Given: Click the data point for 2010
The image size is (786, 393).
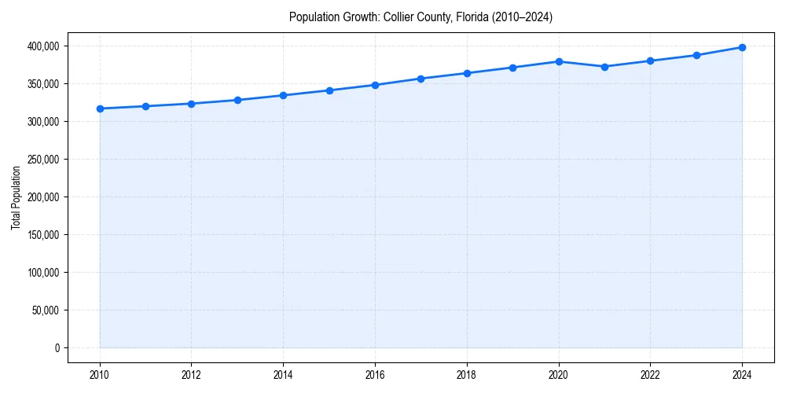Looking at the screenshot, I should [x=100, y=108].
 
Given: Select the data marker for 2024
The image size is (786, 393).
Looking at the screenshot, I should [x=742, y=47].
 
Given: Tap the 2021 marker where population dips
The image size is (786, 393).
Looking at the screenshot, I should [x=604, y=67].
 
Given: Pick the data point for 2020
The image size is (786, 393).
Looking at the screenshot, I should [x=559, y=61].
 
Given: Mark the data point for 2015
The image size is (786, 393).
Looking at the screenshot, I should [x=329, y=90].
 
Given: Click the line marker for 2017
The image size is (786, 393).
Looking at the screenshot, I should [x=421, y=79].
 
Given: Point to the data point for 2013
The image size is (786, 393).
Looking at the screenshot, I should [x=237, y=100].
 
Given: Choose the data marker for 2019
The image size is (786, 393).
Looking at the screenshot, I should [x=512, y=68].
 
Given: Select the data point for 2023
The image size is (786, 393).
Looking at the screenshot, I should [x=696, y=55].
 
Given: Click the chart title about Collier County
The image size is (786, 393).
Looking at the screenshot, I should [x=421, y=17].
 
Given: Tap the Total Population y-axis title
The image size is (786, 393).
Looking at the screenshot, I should [x=16, y=197].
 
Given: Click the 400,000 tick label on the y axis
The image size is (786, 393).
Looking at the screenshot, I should [x=42, y=46].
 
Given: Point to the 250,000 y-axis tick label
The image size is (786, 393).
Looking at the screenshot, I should [x=42, y=160].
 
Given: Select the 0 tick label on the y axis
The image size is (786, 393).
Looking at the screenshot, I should [x=56, y=348].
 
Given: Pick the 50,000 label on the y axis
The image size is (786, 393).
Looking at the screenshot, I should [x=45, y=310].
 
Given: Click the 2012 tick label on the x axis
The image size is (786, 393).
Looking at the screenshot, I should [x=191, y=374].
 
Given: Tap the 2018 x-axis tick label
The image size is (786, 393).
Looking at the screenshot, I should [x=467, y=374].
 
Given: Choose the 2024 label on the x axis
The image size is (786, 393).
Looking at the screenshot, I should [x=742, y=374].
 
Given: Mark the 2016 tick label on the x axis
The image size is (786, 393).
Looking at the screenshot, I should [x=375, y=374].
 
